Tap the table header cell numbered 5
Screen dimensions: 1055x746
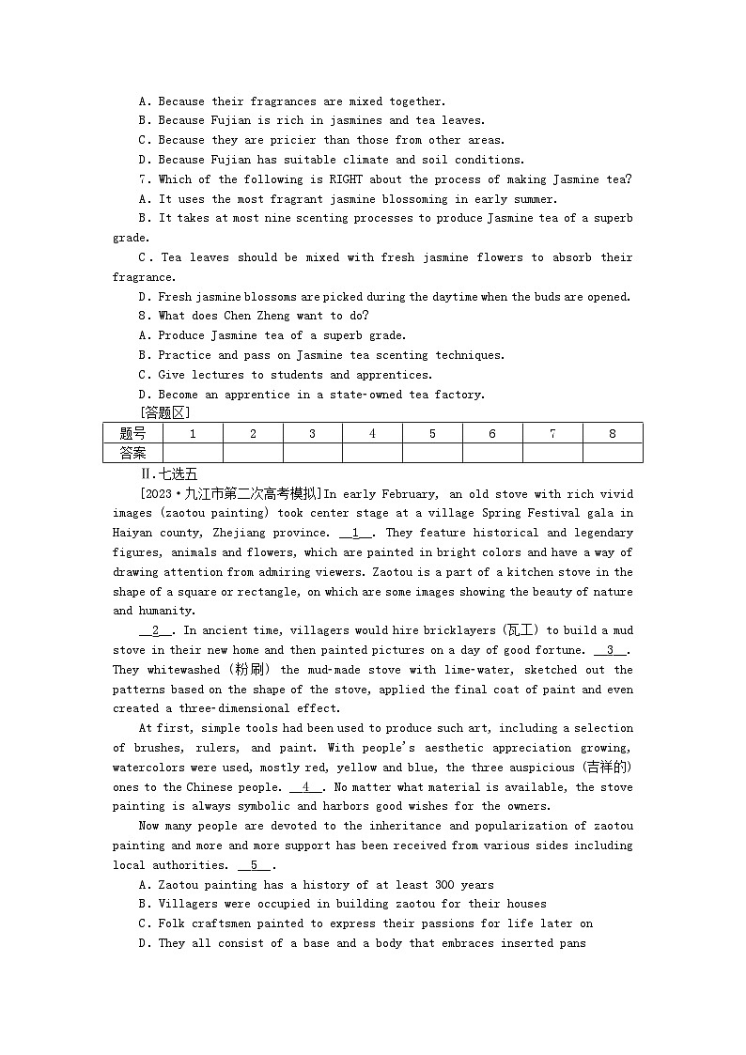tap(432, 433)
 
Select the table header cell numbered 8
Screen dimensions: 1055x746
tap(613, 433)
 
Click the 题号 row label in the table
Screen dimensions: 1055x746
tap(132, 433)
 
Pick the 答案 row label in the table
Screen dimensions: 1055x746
tap(132, 453)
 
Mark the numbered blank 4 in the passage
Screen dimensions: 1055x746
tap(306, 787)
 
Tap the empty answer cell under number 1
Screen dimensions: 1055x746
tap(193, 453)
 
